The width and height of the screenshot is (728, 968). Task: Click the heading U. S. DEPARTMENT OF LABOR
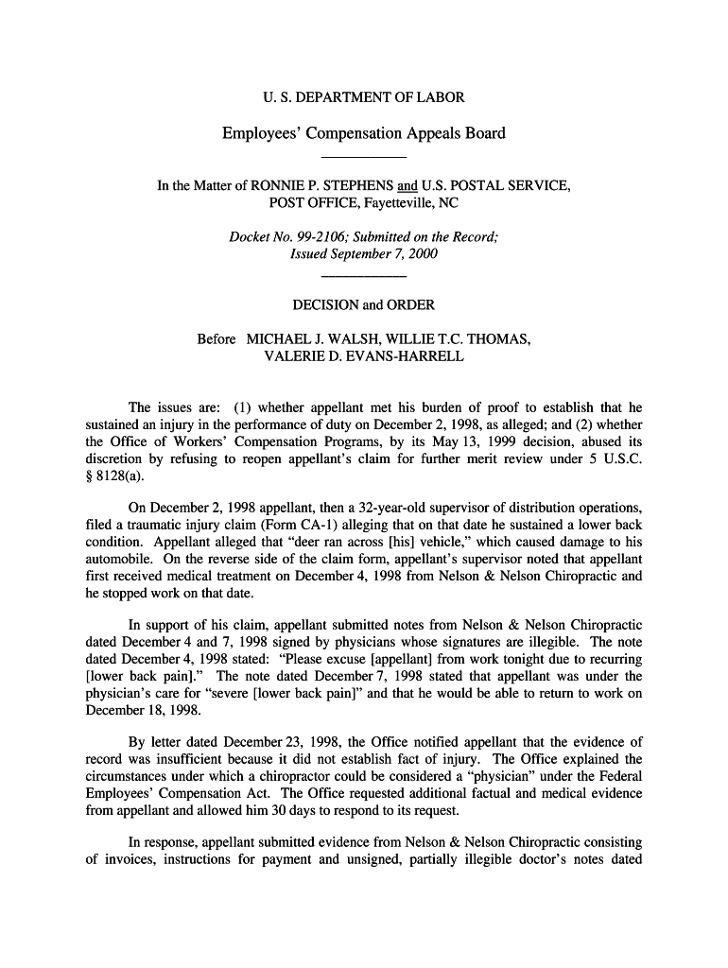click(x=363, y=97)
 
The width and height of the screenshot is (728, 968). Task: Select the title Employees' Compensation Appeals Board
click(x=363, y=133)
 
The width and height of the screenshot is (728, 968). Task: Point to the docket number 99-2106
click(x=323, y=237)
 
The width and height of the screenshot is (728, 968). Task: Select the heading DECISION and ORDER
click(x=363, y=305)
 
